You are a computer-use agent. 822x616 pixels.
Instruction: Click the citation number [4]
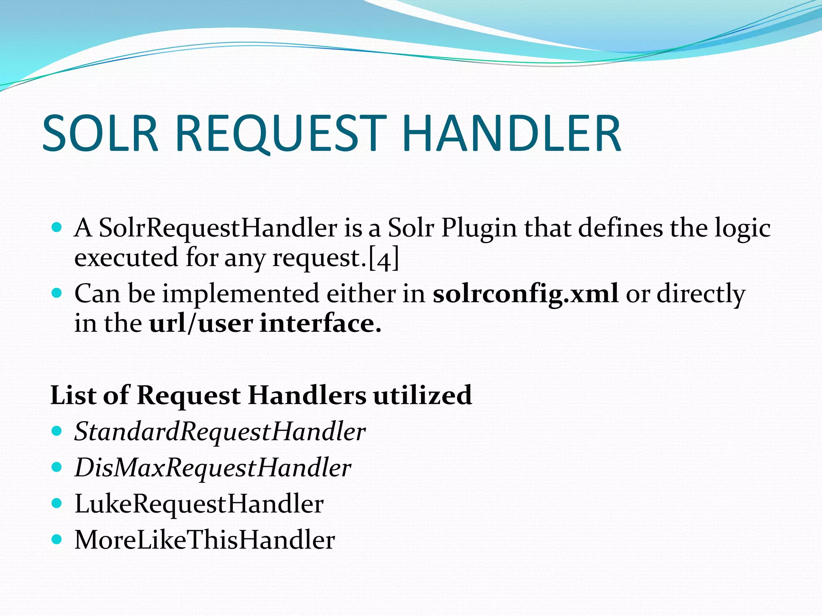click(x=384, y=259)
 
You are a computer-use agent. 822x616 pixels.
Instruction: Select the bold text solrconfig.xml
click(x=525, y=294)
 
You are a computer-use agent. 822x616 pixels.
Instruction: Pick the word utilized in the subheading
click(x=422, y=395)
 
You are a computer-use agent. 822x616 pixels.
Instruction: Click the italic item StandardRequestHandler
click(x=220, y=432)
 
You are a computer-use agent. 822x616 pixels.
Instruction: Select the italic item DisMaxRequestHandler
click(x=213, y=468)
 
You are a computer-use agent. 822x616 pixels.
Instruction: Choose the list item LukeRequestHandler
click(x=199, y=504)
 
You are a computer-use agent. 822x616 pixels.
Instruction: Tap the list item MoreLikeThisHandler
click(x=205, y=540)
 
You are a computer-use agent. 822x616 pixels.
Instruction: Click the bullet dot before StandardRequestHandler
click(x=57, y=431)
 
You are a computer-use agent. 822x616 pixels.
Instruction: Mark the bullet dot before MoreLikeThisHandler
click(x=57, y=539)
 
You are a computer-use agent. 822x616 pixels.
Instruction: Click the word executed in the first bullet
click(x=126, y=257)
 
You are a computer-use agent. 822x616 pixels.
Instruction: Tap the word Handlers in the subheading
click(x=307, y=395)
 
